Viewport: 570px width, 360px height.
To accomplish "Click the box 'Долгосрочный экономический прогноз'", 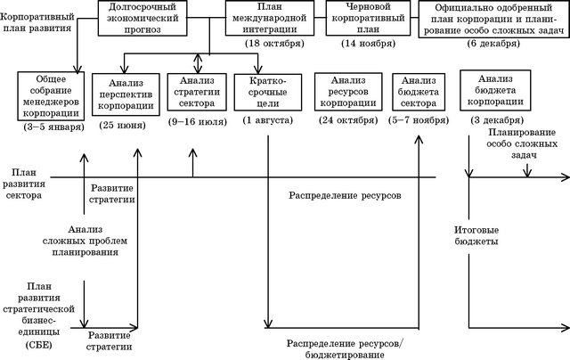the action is [x=142, y=18].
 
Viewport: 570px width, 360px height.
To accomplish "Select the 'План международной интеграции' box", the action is [x=269, y=18].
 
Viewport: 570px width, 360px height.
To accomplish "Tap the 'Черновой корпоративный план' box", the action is [x=368, y=18].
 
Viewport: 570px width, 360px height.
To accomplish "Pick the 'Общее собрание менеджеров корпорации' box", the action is [x=51, y=96].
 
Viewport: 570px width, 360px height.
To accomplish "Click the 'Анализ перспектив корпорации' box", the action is [x=126, y=94].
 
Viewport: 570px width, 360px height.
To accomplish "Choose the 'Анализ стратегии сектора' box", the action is [x=197, y=92].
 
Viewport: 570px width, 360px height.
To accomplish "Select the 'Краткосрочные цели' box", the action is [x=268, y=93].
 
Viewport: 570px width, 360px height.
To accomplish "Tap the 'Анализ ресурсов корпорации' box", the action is [x=348, y=92].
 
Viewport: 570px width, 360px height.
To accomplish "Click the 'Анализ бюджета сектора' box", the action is [x=419, y=92].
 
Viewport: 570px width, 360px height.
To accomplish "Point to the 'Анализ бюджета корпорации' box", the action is [x=495, y=90].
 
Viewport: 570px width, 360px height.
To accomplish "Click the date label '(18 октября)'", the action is [x=274, y=44].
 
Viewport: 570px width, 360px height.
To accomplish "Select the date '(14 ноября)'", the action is [x=368, y=44].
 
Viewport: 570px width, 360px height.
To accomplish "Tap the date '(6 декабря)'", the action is [x=493, y=44].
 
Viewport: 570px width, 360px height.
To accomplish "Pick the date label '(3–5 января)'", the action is [x=53, y=127].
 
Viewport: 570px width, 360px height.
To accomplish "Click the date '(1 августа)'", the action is [x=267, y=120].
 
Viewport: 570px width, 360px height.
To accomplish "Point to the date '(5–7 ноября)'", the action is [x=419, y=120].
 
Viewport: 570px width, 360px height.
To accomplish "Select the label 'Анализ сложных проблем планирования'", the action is [x=85, y=241].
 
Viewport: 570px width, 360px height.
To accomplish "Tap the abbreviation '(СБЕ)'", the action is [x=38, y=345].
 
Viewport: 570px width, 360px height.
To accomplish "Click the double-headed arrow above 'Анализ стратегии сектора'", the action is [x=198, y=63].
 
